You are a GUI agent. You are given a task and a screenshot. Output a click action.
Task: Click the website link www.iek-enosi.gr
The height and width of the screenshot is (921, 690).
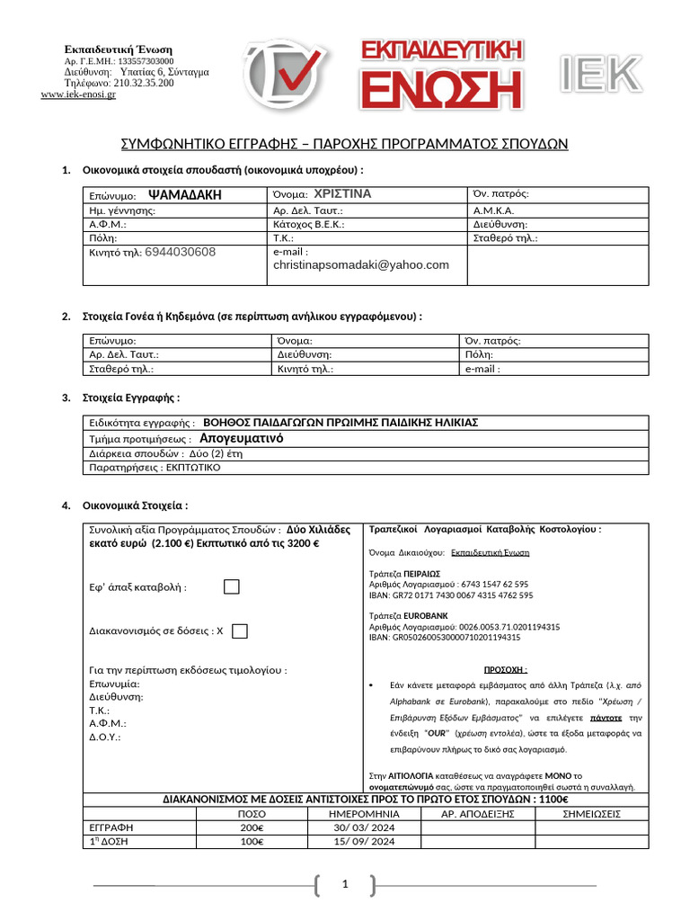(78, 94)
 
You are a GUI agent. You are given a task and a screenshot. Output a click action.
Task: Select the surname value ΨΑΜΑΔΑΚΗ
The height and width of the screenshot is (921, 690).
(184, 194)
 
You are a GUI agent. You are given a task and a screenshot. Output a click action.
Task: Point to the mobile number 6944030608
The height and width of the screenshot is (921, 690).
(180, 253)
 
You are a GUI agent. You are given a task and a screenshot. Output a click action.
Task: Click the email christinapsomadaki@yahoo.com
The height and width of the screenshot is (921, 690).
(361, 265)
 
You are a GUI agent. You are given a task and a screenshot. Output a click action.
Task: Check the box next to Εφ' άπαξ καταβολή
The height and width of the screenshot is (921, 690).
(232, 587)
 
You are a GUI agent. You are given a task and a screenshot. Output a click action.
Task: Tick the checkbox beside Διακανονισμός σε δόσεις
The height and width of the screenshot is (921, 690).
(239, 631)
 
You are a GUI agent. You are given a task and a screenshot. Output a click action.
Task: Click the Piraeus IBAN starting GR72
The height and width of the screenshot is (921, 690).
(450, 595)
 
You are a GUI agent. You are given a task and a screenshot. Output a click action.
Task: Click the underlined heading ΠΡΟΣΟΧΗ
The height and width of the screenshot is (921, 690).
(506, 670)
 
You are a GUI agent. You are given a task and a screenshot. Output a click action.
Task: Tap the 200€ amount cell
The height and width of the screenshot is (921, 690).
(252, 827)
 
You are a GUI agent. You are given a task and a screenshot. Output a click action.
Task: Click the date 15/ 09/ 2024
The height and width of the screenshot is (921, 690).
(364, 842)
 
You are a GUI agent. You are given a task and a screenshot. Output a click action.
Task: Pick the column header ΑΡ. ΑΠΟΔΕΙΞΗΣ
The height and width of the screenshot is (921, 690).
(478, 814)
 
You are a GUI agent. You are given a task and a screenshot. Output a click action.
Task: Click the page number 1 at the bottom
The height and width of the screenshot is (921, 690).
(344, 886)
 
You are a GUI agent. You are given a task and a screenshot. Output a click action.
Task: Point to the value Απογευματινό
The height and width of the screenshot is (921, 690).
(241, 438)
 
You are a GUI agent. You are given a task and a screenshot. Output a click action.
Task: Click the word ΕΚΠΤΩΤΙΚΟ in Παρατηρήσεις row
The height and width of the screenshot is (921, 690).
(193, 468)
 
